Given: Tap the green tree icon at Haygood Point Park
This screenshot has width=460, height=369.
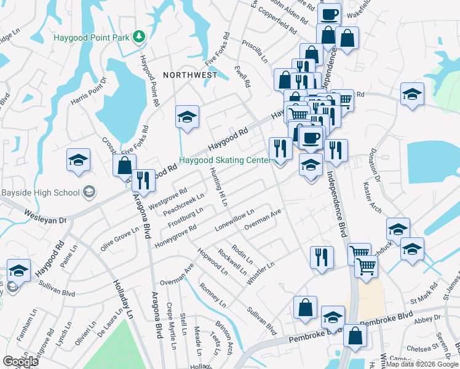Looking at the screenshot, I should tap(140, 36).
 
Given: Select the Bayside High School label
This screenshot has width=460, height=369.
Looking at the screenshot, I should tap(41, 192).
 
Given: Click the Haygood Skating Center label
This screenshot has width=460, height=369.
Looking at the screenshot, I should tap(224, 161).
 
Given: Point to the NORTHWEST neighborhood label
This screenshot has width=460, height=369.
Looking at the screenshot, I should tap(190, 75).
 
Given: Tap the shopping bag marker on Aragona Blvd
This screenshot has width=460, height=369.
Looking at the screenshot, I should tap(124, 166).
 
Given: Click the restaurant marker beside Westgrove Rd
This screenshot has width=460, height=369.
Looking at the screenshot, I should tap(143, 180).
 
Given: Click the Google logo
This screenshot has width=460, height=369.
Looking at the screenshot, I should tap(21, 362).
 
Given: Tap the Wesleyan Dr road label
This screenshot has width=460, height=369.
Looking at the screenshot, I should tap(45, 215).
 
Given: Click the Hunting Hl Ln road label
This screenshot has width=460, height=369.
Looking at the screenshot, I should tap(219, 186).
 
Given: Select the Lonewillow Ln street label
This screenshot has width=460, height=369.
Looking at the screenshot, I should tap(234, 220).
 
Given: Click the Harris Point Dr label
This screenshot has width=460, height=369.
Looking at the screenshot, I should tap(89, 91).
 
